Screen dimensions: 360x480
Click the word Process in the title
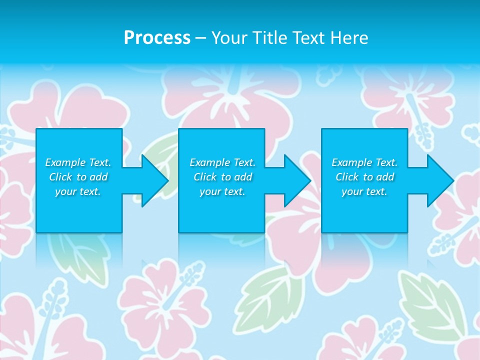(157, 38)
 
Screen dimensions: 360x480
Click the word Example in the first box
(65, 162)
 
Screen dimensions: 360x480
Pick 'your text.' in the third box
(364, 191)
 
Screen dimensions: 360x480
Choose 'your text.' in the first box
(78, 191)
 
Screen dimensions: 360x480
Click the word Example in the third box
(351, 162)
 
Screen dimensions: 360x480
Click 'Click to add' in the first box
(78, 177)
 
